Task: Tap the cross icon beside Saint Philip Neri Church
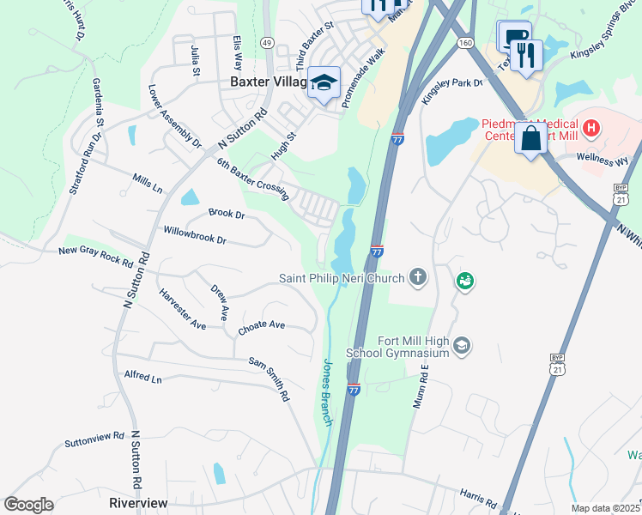418,276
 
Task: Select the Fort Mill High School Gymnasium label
398,346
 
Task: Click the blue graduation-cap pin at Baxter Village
325,83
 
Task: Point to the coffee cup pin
512,37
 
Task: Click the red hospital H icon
591,130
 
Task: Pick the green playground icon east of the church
465,281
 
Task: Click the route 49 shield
268,42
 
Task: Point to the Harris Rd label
478,497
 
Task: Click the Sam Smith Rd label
267,380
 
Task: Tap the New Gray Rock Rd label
95,256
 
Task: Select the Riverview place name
138,503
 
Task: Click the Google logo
28,505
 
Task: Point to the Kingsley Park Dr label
453,91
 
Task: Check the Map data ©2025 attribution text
606,508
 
